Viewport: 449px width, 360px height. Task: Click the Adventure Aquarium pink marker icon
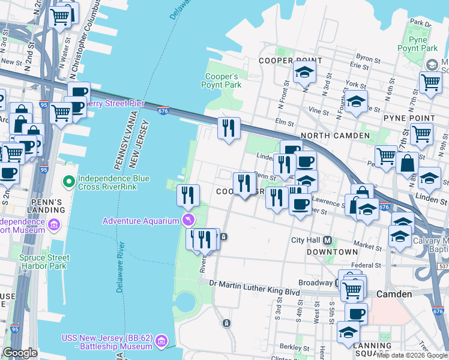tap(189, 220)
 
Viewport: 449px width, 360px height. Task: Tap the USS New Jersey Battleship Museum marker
tap(161, 342)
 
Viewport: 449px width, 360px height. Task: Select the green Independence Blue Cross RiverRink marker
tap(69, 180)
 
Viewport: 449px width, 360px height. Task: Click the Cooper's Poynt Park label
tap(223, 81)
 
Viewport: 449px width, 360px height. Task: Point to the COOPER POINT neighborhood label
tap(284, 61)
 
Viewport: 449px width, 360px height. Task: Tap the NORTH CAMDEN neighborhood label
tap(335, 136)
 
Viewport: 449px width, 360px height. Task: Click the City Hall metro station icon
tap(328, 240)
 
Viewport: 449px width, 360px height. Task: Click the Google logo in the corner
tap(20, 353)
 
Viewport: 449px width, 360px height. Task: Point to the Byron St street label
tap(369, 59)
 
